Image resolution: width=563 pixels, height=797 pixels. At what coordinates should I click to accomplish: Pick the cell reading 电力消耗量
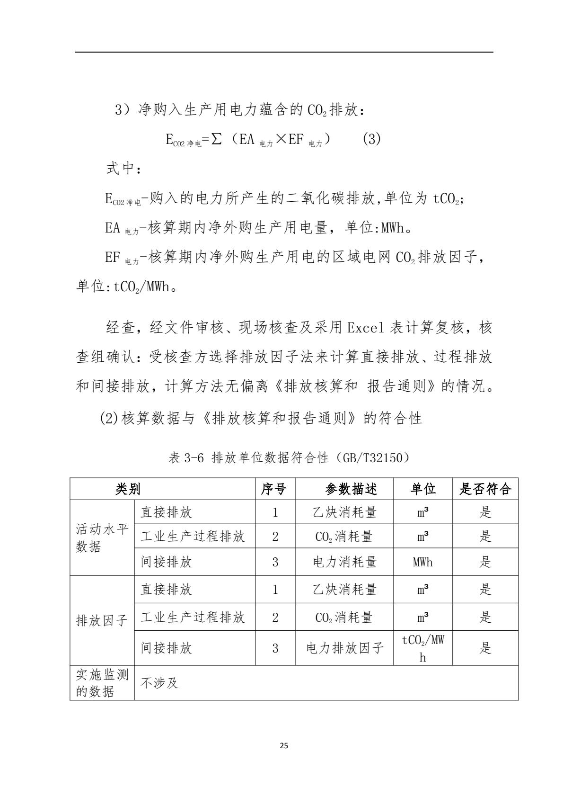tap(344, 562)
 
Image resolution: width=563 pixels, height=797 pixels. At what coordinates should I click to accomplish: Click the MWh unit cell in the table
tap(423, 562)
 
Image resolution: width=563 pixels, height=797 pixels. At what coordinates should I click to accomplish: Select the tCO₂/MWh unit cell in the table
tap(423, 647)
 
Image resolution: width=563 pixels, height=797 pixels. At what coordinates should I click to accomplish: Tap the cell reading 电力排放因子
tap(344, 648)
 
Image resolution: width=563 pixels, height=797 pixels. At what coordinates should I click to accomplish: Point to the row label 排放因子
tap(102, 620)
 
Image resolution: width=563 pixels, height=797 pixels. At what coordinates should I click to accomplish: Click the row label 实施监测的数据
tap(102, 683)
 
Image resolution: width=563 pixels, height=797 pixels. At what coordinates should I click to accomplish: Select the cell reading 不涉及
tap(159, 683)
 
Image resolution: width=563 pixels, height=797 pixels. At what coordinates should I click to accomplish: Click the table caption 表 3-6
tap(186, 458)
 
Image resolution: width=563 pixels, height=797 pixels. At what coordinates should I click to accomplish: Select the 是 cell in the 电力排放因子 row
tap(485, 648)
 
